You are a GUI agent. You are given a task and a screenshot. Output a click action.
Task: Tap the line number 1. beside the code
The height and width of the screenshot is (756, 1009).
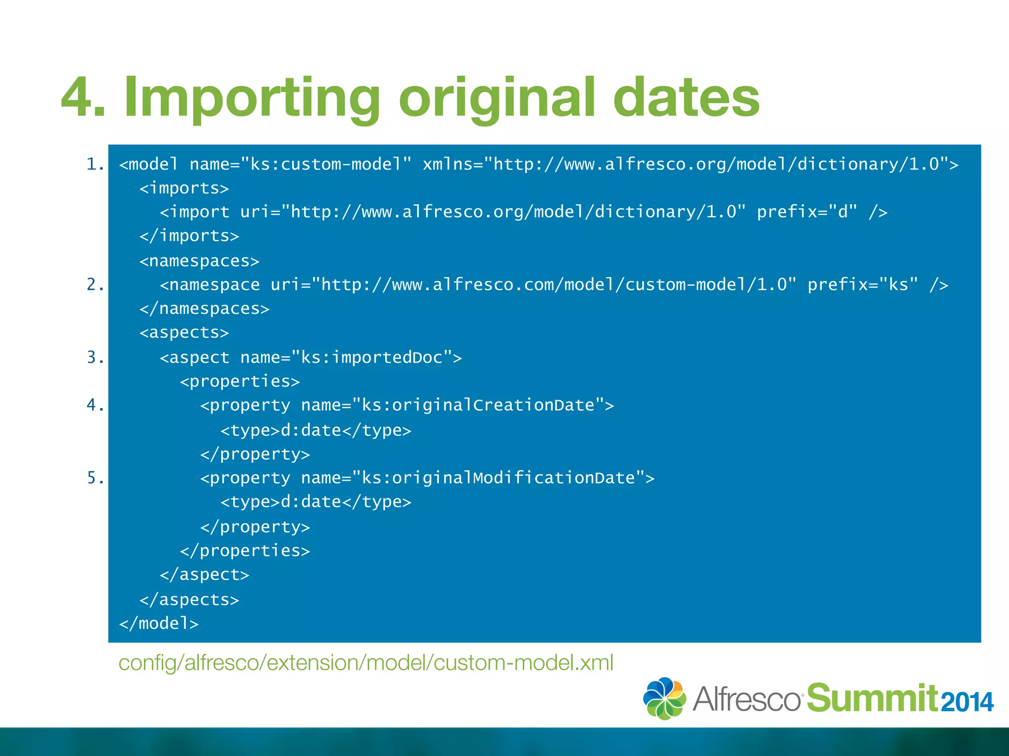click(95, 164)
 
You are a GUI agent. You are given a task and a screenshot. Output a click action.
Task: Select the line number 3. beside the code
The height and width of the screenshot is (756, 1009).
click(95, 357)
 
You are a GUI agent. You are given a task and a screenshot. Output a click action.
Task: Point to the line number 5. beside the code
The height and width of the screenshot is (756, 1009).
click(95, 478)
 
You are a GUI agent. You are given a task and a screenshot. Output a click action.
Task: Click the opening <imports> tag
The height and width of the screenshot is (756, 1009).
click(184, 188)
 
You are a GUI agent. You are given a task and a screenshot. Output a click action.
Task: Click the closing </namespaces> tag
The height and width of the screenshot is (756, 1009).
click(204, 309)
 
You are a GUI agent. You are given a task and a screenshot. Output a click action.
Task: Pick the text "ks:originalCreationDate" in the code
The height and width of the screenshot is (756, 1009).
click(478, 405)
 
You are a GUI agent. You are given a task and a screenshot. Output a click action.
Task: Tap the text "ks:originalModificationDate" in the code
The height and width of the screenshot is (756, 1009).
click(498, 478)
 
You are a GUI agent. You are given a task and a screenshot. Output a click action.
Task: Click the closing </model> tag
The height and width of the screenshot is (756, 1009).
click(159, 624)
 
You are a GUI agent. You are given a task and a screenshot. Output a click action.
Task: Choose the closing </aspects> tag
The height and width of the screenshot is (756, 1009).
click(189, 599)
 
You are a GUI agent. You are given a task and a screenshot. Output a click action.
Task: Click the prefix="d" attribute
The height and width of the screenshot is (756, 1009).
click(807, 212)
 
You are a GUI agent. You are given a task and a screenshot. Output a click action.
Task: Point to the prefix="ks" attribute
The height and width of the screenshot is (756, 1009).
click(863, 284)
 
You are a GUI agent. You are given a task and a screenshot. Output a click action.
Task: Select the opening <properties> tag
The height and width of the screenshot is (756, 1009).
click(240, 381)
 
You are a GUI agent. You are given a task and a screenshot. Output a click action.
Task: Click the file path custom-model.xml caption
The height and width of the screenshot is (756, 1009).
click(366, 662)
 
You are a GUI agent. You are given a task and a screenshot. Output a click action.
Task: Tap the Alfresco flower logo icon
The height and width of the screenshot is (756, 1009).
click(665, 698)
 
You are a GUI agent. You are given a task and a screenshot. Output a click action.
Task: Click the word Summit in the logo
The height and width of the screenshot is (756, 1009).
click(872, 698)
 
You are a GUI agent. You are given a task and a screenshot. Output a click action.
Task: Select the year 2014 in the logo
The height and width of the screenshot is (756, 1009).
click(967, 702)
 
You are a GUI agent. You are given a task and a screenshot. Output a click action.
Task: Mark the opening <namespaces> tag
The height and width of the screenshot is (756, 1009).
click(199, 261)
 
